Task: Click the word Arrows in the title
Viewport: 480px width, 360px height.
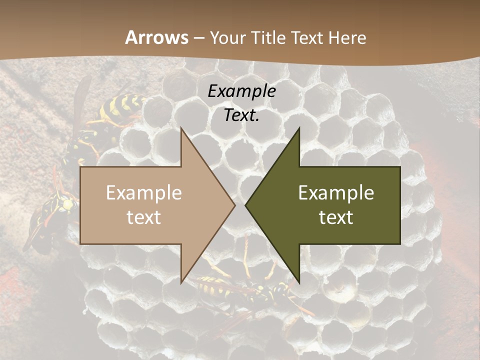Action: click(156, 37)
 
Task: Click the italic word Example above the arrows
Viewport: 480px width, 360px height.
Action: click(242, 91)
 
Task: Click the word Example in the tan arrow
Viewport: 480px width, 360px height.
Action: click(144, 193)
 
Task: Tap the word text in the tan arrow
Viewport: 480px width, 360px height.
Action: click(144, 217)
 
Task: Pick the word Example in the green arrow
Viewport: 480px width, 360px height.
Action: click(336, 193)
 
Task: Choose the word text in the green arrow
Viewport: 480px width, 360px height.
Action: click(336, 217)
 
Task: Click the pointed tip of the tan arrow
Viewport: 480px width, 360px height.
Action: click(234, 205)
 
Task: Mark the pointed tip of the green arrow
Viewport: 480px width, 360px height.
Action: click(246, 205)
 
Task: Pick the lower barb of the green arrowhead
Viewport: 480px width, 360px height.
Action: click(299, 281)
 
